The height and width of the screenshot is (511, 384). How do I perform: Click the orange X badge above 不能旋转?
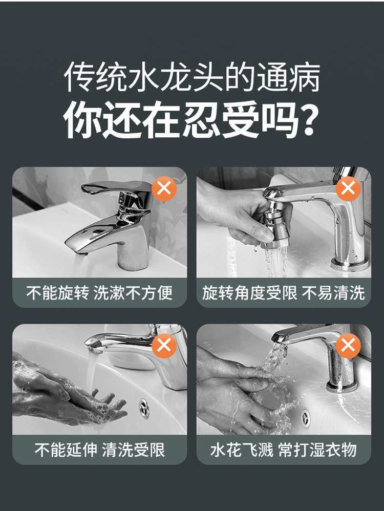(x=164, y=189)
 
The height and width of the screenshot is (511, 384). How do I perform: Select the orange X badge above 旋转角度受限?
(x=348, y=189)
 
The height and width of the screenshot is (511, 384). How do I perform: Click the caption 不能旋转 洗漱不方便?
(x=99, y=292)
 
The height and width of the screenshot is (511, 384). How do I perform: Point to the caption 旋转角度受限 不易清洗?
(x=283, y=292)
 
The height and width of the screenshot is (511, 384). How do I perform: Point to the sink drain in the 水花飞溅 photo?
(x=306, y=416)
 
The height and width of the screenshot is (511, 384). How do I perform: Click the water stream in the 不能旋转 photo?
(x=80, y=265)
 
